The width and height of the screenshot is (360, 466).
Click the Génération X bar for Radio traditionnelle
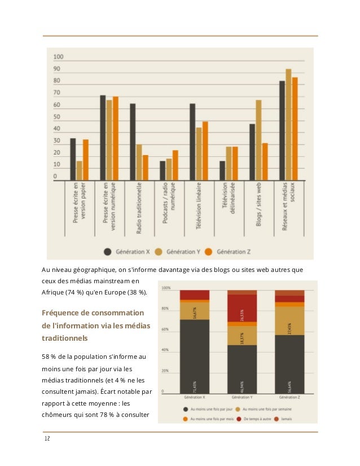[x=133, y=142]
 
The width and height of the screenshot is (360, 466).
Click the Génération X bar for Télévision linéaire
[x=192, y=142]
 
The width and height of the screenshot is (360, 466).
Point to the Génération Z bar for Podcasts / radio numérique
[x=175, y=165]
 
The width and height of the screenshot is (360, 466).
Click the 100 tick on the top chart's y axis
[x=59, y=57]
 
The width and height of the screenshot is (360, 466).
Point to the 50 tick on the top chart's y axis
[x=58, y=117]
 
